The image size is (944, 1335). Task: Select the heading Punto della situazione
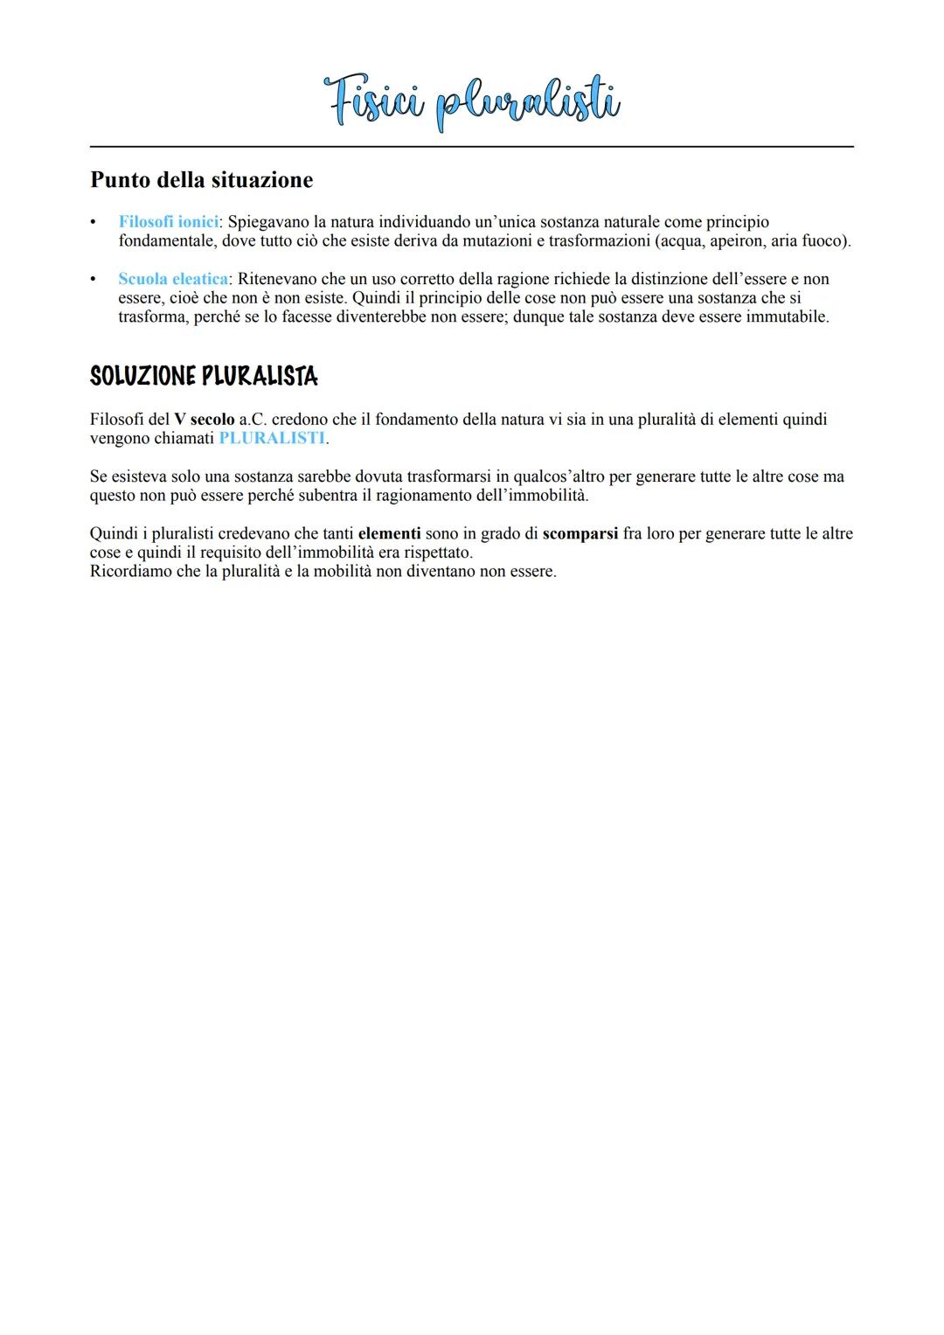point(201,180)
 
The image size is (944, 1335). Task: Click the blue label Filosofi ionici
point(168,222)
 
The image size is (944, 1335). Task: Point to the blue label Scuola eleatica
point(173,279)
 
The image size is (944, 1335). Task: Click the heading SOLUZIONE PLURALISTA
point(204,377)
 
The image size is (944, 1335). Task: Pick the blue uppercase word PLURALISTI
point(271,438)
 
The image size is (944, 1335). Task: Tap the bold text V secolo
point(205,420)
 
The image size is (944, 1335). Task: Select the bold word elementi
point(389,533)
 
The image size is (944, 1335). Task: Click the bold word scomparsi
point(580,533)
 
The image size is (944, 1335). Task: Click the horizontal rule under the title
point(472,147)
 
